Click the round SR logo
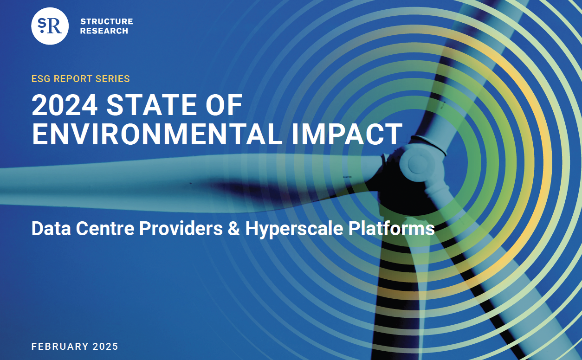[50, 26]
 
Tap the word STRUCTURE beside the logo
[107, 21]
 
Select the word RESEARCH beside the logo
[104, 31]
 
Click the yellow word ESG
[41, 79]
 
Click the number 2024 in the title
[65, 105]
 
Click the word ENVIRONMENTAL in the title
[157, 134]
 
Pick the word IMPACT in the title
[347, 134]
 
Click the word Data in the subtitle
[51, 229]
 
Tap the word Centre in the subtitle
[105, 229]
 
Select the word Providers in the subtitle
[181, 229]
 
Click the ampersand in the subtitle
[234, 229]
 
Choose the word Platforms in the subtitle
[392, 229]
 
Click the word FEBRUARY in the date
[60, 346]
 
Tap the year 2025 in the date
[105, 346]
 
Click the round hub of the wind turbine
[418, 164]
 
